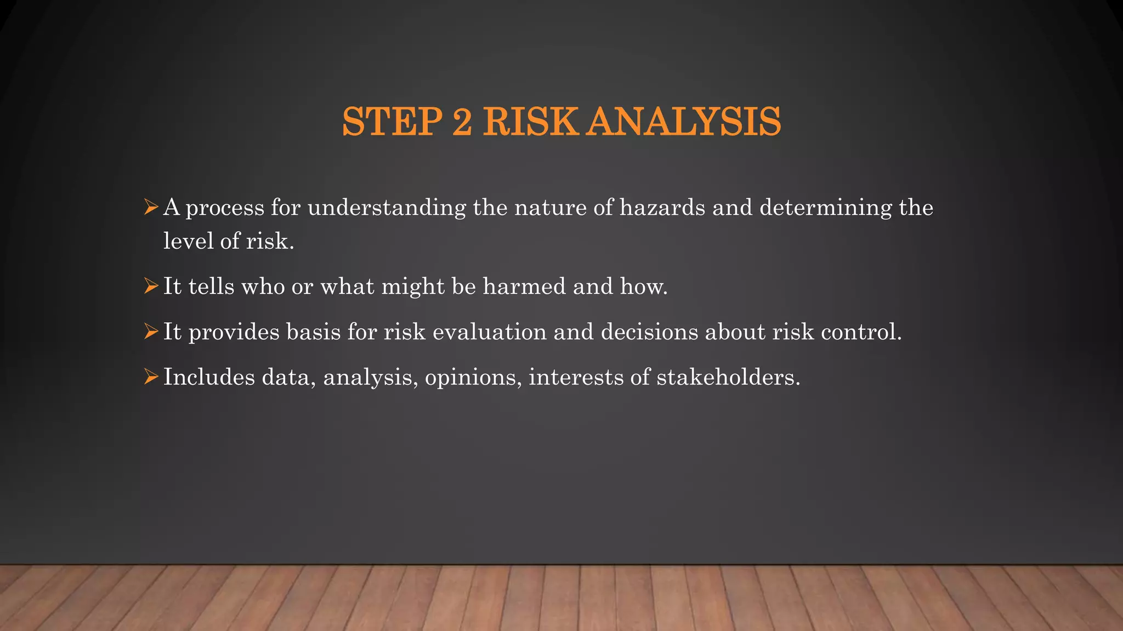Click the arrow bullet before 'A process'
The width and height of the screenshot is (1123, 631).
point(151,208)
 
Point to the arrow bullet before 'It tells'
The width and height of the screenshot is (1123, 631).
point(151,286)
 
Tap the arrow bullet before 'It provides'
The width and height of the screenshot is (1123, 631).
point(151,331)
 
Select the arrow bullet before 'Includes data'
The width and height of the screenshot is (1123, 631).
point(151,377)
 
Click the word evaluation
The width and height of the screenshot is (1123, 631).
point(489,331)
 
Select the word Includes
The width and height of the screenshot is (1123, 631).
point(209,377)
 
